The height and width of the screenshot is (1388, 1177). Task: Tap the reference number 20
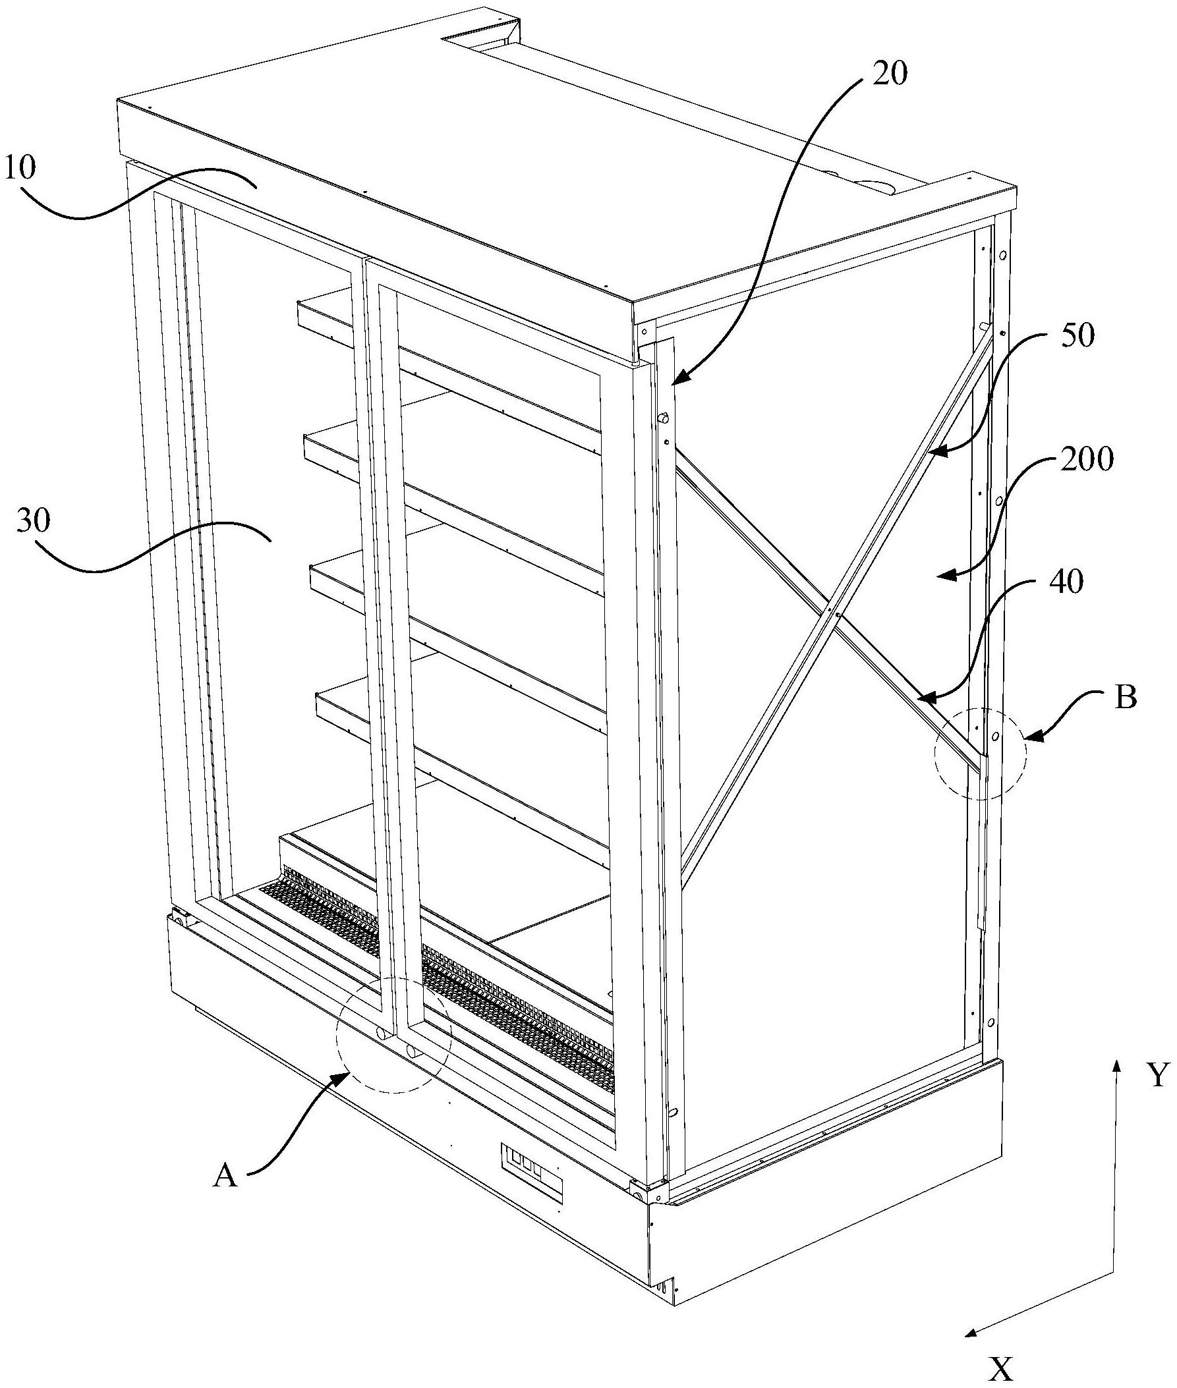(x=890, y=74)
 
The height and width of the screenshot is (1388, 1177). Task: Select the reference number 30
(x=34, y=524)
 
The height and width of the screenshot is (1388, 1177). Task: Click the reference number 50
(x=1077, y=337)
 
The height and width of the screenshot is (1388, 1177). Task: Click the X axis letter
(x=1001, y=1369)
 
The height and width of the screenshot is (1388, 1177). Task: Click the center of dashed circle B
(x=980, y=753)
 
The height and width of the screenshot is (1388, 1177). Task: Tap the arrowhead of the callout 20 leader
(x=673, y=383)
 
